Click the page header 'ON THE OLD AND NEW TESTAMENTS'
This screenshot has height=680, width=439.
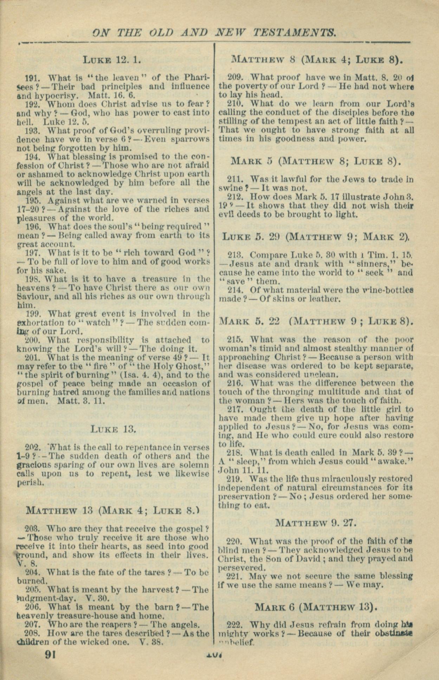(x=214, y=33)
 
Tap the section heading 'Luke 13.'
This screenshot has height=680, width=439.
(x=113, y=429)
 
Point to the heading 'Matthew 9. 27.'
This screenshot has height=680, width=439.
(x=316, y=523)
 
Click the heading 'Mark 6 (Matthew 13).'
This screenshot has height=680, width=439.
(x=316, y=607)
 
